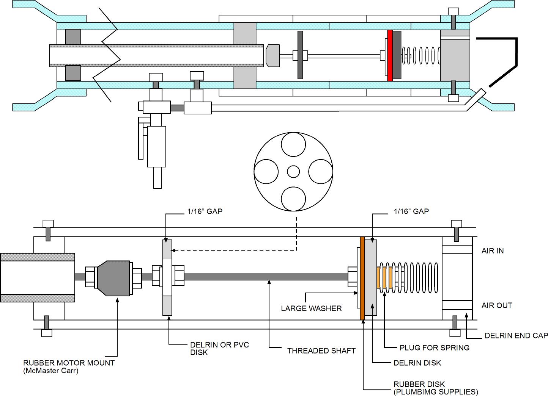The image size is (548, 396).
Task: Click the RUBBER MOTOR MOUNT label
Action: (69, 363)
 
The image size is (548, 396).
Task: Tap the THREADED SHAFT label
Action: (321, 351)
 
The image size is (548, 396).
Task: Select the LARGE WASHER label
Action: (311, 308)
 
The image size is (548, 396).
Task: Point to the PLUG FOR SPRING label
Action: (435, 347)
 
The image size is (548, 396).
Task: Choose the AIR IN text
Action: (493, 251)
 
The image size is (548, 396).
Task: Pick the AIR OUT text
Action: (496, 305)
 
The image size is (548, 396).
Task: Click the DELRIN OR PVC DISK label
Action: (219, 349)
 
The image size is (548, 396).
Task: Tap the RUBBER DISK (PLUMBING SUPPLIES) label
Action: (436, 388)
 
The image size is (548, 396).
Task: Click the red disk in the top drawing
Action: (389, 56)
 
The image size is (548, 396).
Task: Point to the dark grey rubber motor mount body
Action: (114, 278)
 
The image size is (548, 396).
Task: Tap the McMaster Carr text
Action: (51, 371)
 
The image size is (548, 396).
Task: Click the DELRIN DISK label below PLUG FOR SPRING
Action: (417, 363)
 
